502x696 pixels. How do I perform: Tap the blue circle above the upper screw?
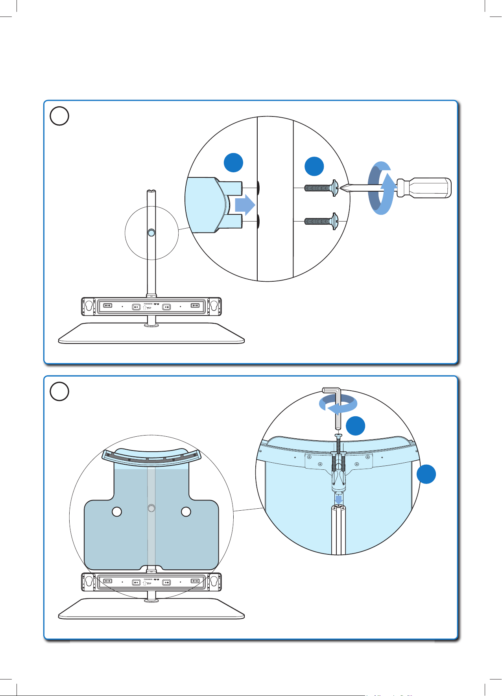coord(314,166)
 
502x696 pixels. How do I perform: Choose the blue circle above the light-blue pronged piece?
coord(233,162)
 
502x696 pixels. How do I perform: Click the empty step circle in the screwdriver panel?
coord(59,116)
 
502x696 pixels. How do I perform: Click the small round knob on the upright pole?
coord(151,233)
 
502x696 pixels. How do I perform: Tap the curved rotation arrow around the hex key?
coord(338,405)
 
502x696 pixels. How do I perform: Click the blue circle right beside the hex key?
coord(355,426)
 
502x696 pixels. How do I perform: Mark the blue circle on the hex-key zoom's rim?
coord(426,474)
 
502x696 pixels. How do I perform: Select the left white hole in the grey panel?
coord(117,512)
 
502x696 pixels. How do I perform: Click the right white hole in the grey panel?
coord(186,512)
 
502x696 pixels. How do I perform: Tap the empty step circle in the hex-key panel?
coord(59,391)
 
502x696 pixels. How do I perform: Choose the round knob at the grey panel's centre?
coord(151,509)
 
